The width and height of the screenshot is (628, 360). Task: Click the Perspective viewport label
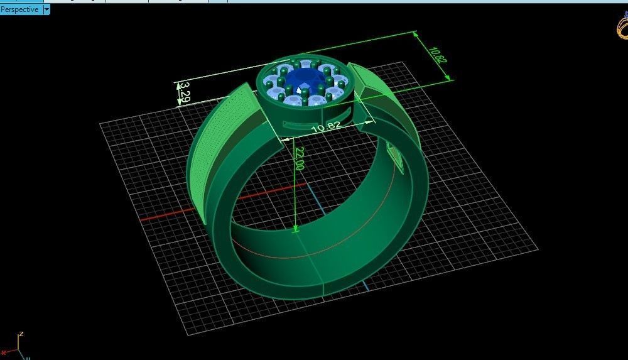(19, 9)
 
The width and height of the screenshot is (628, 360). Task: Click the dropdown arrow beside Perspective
(47, 9)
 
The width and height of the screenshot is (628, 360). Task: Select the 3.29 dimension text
(184, 94)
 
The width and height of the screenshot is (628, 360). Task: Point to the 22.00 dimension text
(299, 159)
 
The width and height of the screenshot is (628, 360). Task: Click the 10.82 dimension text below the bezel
(325, 126)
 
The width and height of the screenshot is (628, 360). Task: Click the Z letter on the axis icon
(21, 334)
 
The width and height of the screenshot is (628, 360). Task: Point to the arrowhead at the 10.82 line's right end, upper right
(448, 78)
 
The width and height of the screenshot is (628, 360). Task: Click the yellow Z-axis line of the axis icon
(18, 345)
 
